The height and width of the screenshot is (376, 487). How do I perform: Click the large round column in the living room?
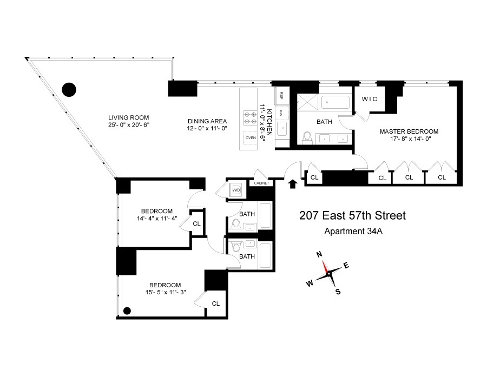pos(69,89)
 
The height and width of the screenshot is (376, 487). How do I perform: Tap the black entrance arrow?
pos(293,183)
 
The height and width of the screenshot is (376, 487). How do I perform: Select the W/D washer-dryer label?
pos(236,190)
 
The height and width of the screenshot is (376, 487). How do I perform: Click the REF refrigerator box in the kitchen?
pos(281,95)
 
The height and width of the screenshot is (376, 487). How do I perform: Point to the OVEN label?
pos(250,138)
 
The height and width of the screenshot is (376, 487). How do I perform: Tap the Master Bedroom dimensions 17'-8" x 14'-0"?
pos(409,139)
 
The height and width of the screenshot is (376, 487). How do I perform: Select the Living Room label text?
pos(128,117)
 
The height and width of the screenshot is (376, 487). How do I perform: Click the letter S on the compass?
pos(338,292)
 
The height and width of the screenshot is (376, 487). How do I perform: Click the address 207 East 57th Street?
pos(352,216)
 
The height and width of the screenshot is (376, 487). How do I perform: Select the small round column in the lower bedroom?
pos(127,311)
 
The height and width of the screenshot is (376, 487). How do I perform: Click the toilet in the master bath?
pos(307,137)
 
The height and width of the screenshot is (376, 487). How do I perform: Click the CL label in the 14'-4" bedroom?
pos(196,223)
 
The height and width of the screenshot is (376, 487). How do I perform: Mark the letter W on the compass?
pos(310,283)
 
